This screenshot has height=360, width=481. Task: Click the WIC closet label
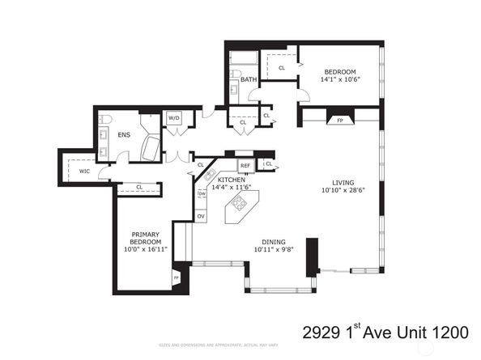(x=84, y=171)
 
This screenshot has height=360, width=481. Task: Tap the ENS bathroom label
(x=124, y=135)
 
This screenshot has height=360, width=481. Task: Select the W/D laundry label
(x=173, y=119)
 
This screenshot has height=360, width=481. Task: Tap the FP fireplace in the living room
(x=339, y=120)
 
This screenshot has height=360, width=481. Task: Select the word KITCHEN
(x=231, y=179)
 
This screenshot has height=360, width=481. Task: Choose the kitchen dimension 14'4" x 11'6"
(x=231, y=187)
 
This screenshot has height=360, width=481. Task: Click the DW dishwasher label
(x=202, y=194)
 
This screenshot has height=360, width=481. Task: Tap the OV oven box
(x=201, y=216)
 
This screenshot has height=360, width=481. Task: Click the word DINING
(x=273, y=241)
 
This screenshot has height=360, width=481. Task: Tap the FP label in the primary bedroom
(x=176, y=279)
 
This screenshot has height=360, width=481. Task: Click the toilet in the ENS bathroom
(x=105, y=121)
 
